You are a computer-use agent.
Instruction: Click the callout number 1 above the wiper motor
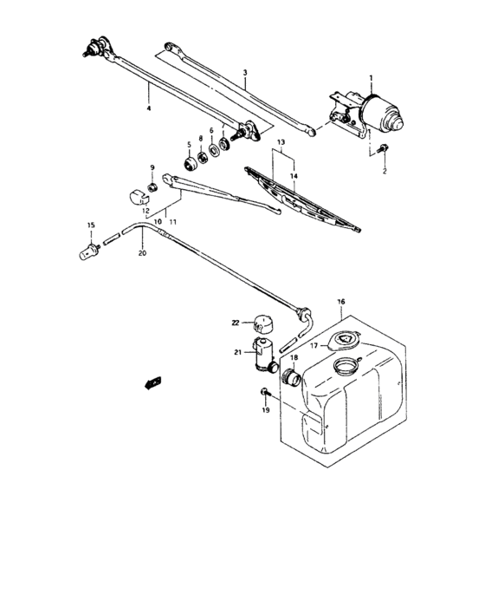(x=370, y=77)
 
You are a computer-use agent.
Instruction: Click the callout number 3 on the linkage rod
(x=245, y=75)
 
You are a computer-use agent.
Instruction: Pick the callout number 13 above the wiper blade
(x=280, y=140)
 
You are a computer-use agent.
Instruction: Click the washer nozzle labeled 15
(x=88, y=252)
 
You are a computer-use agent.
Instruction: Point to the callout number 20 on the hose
(x=142, y=254)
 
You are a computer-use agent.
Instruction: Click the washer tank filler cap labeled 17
(x=346, y=341)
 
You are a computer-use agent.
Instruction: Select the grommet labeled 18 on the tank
(x=290, y=377)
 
